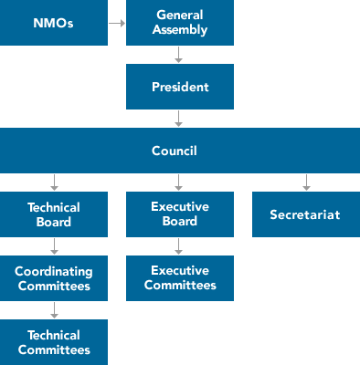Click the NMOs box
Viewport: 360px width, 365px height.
coord(54,24)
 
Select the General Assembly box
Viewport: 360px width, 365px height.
coord(180,24)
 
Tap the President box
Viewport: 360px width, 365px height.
coord(180,87)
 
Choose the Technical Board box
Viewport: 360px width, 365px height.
coord(54,214)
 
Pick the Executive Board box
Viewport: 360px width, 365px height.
coord(180,214)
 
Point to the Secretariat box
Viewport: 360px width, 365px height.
coord(305,214)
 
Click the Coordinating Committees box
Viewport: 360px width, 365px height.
coord(54,277)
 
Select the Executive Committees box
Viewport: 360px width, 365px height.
coord(180,277)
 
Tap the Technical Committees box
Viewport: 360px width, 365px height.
coord(54,341)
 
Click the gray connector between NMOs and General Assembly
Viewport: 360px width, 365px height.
coord(117,24)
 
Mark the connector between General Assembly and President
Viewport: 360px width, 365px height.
coord(179,55)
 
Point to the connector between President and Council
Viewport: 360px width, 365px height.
coord(179,119)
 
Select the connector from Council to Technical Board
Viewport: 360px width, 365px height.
coord(55,182)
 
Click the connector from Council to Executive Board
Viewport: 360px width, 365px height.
coord(179,182)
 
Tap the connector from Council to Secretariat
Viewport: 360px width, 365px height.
coord(306,182)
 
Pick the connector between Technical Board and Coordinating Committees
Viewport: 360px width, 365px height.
coord(55,245)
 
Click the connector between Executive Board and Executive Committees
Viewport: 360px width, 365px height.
coord(179,245)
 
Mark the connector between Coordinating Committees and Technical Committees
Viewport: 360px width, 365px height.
coord(55,309)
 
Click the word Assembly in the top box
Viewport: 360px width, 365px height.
coord(180,30)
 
